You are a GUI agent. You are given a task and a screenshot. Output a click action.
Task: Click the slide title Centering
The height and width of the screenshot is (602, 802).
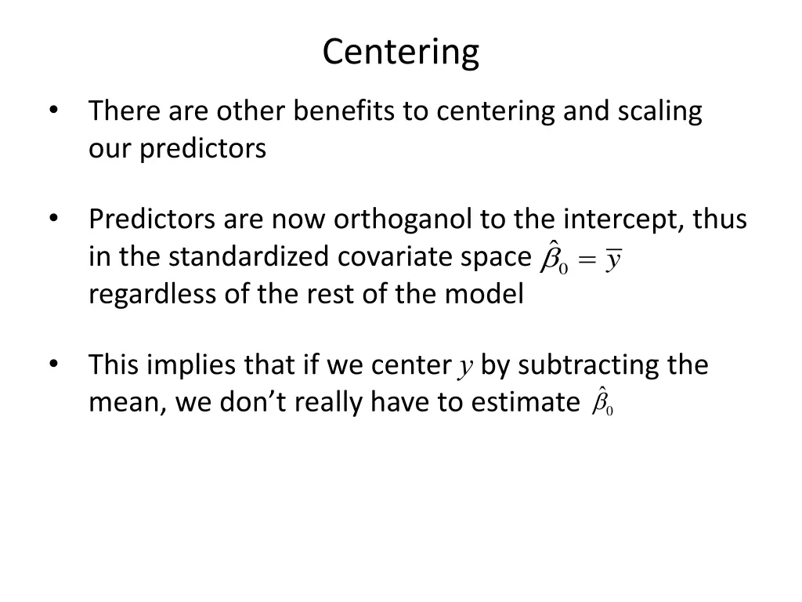400,53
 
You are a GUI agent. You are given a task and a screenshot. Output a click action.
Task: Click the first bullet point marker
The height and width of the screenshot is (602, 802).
52,111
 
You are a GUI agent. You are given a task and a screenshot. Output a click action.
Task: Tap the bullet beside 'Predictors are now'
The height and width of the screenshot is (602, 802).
52,219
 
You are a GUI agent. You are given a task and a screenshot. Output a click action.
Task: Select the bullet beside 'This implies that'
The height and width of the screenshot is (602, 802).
52,364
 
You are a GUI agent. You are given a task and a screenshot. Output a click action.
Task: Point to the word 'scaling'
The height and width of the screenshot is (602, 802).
659,111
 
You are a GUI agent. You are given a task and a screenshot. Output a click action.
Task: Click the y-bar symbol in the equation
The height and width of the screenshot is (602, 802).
613,259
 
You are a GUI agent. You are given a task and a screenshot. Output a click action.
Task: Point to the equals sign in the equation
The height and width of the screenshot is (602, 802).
586,261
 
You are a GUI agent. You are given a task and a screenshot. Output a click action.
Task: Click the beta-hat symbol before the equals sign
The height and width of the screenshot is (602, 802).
555,258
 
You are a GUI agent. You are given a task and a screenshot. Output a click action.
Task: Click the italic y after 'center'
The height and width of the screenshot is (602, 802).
466,366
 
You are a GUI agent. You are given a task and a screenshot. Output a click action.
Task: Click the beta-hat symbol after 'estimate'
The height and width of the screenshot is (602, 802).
601,403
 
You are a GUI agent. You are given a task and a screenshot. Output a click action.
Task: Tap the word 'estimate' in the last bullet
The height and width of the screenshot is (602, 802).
525,402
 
